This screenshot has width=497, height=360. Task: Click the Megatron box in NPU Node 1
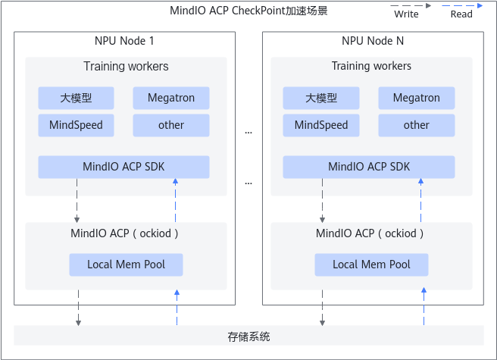pos(171,98)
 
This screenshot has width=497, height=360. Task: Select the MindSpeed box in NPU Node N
pos(321,125)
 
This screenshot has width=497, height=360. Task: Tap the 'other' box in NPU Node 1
pos(171,125)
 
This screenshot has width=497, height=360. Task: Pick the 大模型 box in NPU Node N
pos(321,98)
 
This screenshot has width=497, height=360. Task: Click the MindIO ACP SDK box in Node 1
pos(123,167)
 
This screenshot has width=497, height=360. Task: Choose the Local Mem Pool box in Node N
pos(371,265)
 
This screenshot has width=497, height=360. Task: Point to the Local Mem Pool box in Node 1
pos(127,265)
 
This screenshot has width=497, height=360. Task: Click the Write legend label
pos(406,14)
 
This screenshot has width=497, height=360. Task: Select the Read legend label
pos(461,14)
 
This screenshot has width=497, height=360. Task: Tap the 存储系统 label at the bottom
pos(248,337)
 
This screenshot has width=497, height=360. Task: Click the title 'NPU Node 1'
pos(124,41)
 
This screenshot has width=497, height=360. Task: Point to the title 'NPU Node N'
pos(373,41)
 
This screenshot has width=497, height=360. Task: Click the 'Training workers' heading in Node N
pos(371,66)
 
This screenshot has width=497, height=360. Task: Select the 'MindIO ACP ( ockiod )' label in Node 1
pos(124,233)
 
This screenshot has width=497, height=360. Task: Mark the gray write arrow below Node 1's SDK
pos(77,200)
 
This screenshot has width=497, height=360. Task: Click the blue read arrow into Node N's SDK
pos(421,200)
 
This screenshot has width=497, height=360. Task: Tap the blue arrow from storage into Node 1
pos(177,308)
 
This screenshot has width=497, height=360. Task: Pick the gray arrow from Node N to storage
pos(322,308)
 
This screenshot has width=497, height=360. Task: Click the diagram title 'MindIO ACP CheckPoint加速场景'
pos(248,11)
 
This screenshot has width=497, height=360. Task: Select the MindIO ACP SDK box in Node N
pos(369,167)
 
